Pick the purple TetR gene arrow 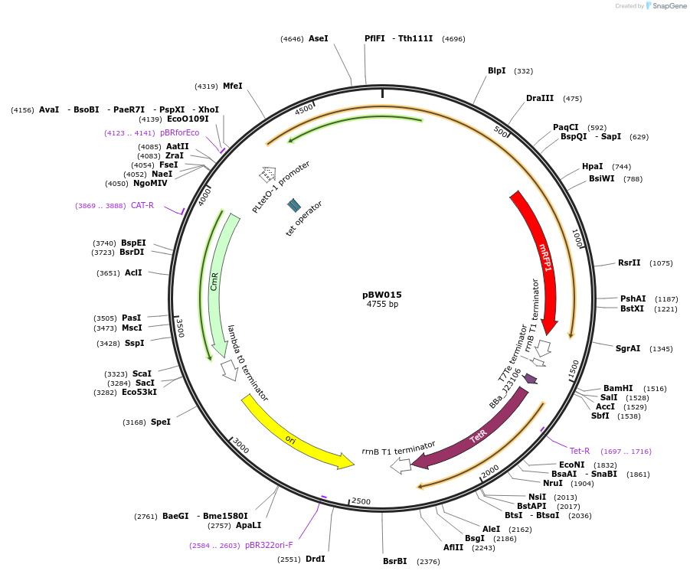[479, 435]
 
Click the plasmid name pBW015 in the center [382, 295]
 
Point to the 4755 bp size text [382, 305]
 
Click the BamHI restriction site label [618, 389]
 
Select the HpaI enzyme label [592, 167]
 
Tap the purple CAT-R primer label [142, 206]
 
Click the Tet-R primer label [580, 451]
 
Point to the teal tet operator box [294, 205]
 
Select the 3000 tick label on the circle [240, 445]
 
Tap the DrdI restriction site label [316, 559]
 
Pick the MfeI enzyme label [232, 86]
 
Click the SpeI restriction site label [161, 422]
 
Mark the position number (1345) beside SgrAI [660, 349]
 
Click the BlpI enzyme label [497, 71]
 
